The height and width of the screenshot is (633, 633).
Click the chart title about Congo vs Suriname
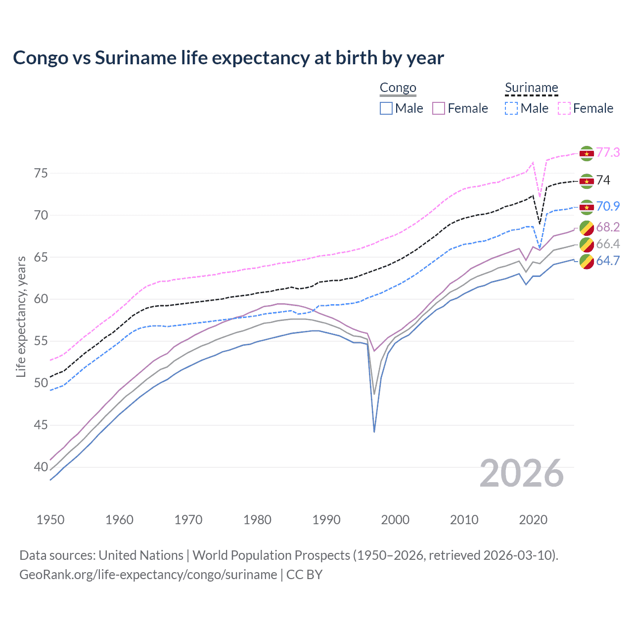(228, 58)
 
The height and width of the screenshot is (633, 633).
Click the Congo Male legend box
(386, 108)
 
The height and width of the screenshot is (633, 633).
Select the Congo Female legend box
(439, 108)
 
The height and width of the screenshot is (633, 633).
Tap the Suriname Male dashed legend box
(511, 108)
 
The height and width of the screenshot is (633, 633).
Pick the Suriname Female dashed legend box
(564, 108)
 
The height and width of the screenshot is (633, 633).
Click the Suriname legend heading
(531, 88)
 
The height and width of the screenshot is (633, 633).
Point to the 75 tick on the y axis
(41, 174)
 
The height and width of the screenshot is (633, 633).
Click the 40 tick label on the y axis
(41, 467)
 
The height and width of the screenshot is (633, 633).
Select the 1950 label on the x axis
(50, 520)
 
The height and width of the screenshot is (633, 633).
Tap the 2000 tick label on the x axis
(395, 520)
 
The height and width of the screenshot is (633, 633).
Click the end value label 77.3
(608, 152)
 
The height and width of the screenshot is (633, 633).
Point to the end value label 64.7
(608, 261)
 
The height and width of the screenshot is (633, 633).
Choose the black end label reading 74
(603, 180)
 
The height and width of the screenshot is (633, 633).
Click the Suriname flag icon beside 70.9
(587, 207)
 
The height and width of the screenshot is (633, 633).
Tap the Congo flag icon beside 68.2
(587, 228)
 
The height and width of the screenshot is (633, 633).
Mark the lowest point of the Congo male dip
(374, 432)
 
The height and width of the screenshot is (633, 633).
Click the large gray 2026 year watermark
(521, 473)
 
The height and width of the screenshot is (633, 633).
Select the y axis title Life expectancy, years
(21, 316)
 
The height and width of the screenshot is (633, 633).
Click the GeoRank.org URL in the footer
(148, 575)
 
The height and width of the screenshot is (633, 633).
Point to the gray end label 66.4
(608, 244)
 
